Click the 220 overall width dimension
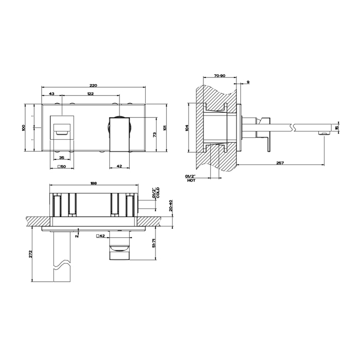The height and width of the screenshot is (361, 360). [93, 85]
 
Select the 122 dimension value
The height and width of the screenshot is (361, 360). [91, 93]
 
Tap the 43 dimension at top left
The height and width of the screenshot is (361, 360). [52, 93]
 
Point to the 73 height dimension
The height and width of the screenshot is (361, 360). [155, 135]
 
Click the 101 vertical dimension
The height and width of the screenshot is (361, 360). [165, 128]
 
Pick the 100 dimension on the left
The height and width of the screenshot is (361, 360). [23, 128]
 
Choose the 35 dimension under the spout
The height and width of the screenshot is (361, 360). [62, 158]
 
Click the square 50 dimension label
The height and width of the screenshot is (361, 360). [62, 167]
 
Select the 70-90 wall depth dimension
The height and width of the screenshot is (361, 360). [219, 76]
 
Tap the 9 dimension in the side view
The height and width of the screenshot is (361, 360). [248, 82]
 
